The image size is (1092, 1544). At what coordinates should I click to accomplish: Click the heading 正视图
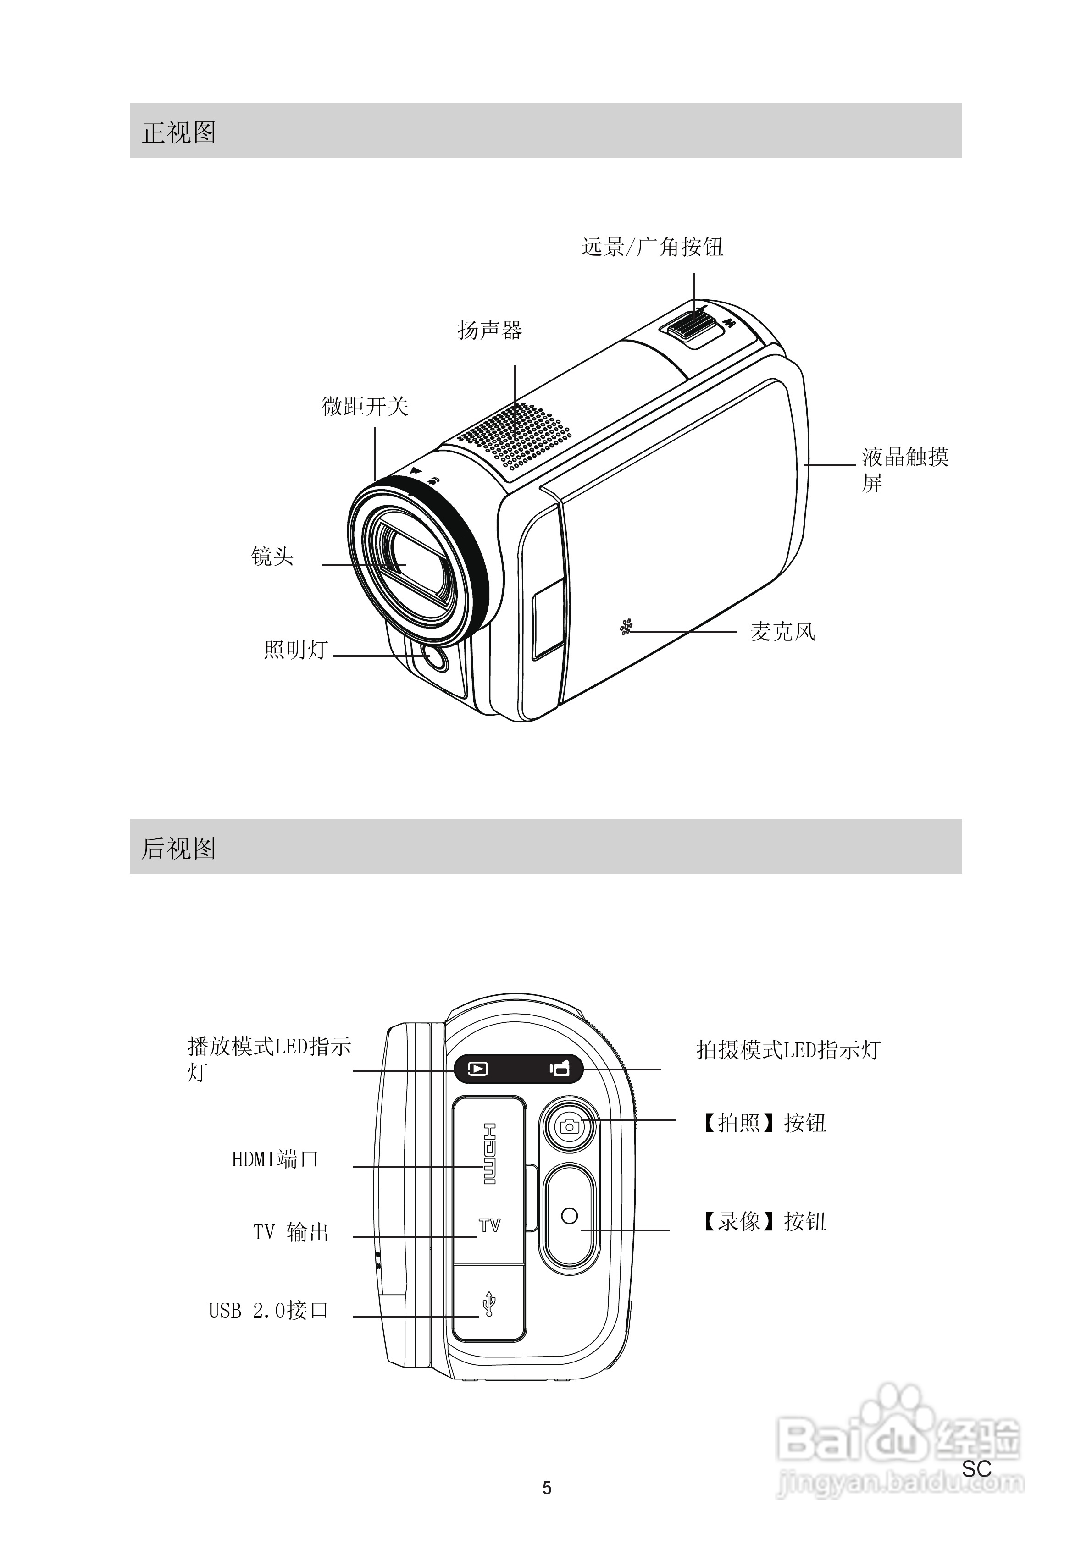[x=179, y=132]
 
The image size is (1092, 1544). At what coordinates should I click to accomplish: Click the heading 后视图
[x=179, y=848]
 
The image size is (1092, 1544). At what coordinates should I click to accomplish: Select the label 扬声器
[x=490, y=330]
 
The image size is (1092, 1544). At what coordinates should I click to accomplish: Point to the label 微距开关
[x=366, y=406]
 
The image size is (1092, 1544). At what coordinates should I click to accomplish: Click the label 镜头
[x=272, y=557]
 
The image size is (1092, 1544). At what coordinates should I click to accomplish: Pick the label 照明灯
[x=295, y=650]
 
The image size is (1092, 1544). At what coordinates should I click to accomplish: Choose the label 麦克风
[x=782, y=631]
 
